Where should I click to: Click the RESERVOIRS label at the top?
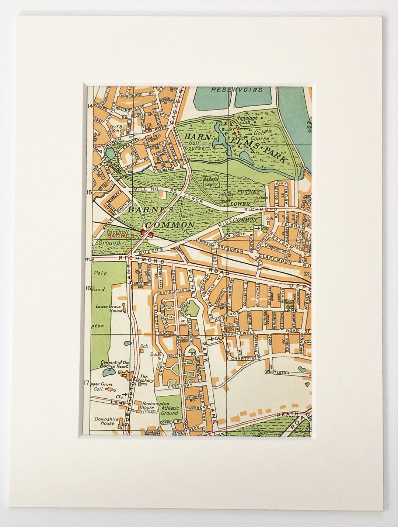[x=237, y=90]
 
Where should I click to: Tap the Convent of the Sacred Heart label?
[x=115, y=364]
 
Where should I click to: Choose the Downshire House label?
[x=106, y=420]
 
